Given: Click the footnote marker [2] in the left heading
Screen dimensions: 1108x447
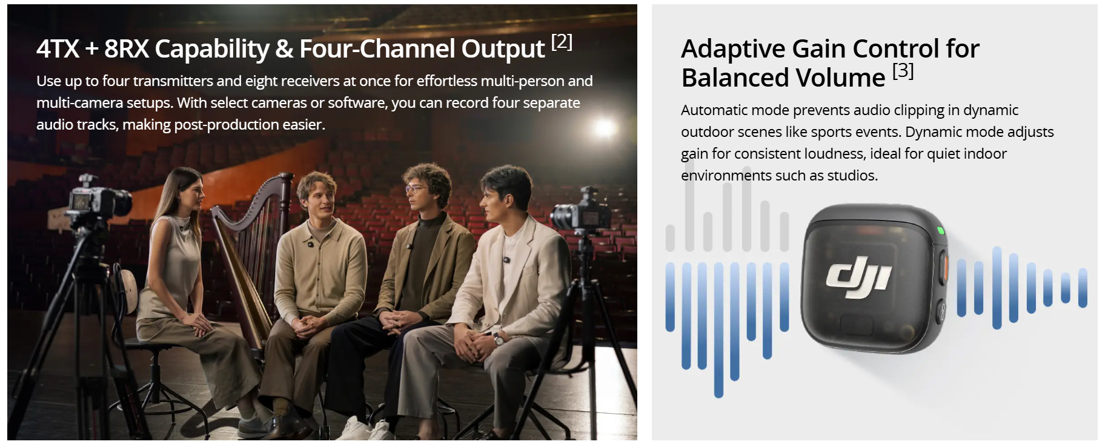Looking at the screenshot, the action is pos(562,42).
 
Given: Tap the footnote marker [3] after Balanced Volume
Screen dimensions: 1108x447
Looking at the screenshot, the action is pos(903,71).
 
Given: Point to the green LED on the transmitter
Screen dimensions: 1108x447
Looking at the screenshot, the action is pos(940,230).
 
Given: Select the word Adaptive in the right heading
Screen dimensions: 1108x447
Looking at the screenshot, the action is pos(732,49).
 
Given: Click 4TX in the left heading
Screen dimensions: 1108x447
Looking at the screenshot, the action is pos(58,49).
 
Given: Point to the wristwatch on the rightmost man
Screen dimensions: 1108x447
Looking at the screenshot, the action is pos(499,338).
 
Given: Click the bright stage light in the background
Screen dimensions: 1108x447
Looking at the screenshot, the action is pos(603,128).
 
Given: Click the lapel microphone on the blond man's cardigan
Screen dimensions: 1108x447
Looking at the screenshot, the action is pos(310,245).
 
